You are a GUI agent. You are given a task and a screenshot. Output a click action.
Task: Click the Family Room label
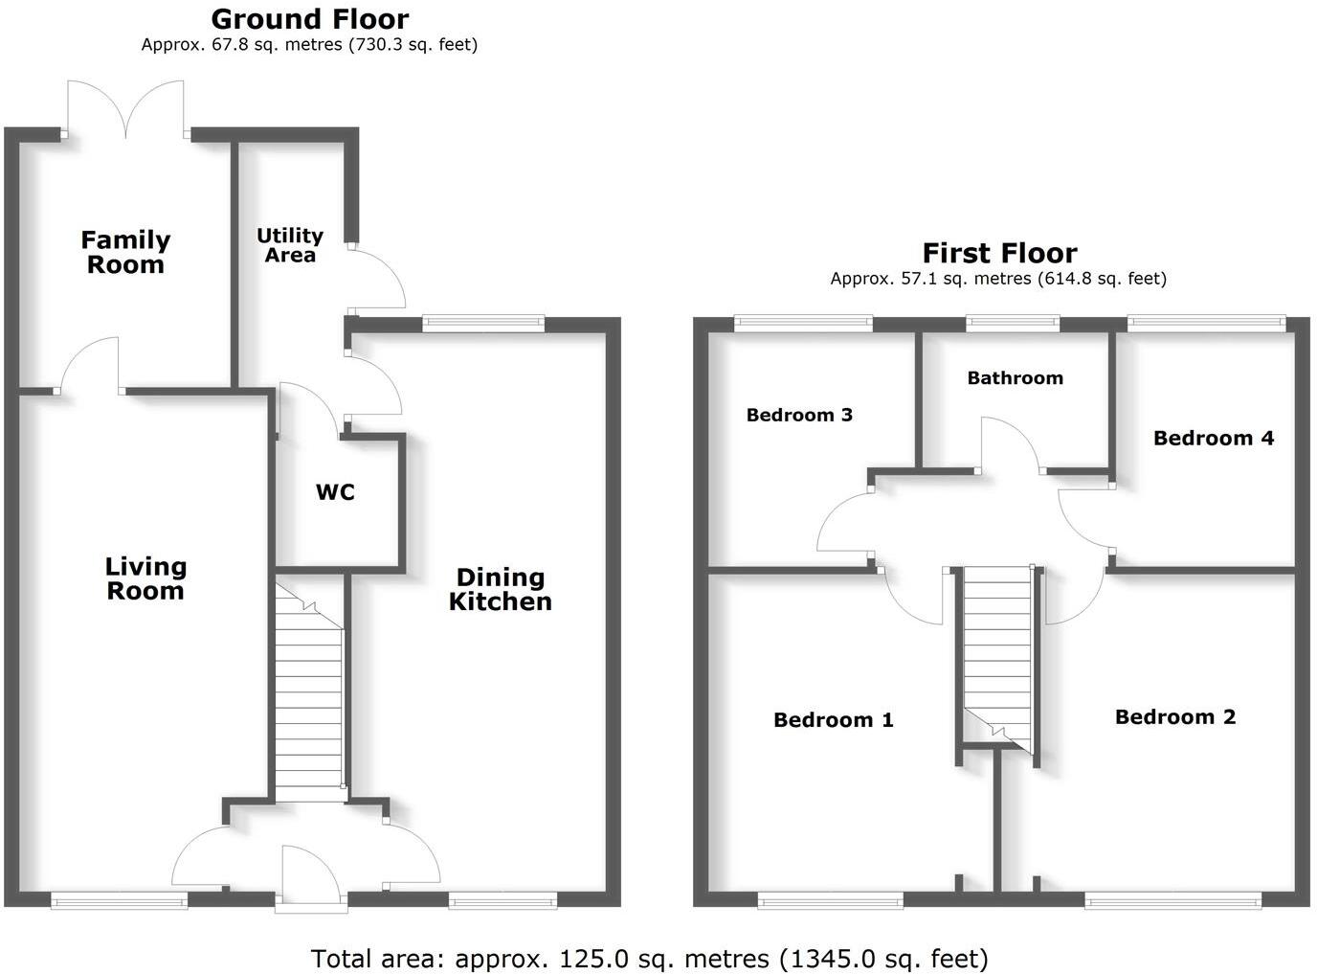tap(125, 253)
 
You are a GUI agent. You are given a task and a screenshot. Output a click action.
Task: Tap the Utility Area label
tap(289, 245)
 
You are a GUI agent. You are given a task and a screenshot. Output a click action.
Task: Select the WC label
tap(335, 492)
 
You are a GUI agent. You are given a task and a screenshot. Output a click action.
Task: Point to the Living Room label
tap(145, 578)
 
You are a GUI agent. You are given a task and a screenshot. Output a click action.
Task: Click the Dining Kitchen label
tap(501, 589)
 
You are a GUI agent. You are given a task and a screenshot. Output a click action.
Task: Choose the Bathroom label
tap(1015, 378)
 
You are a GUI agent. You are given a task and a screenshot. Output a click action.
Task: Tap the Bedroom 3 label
tap(799, 415)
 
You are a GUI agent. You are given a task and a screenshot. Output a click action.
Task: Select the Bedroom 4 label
tap(1213, 439)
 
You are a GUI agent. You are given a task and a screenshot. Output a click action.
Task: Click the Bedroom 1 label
tap(833, 720)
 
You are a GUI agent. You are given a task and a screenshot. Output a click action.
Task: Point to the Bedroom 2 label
tap(1174, 717)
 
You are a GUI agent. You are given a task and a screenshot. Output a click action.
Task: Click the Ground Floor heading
tap(309, 19)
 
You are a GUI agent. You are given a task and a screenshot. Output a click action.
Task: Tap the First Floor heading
tap(999, 254)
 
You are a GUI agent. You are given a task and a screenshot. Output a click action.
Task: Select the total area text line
tap(649, 958)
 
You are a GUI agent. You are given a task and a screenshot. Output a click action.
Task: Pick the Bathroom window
tap(1013, 324)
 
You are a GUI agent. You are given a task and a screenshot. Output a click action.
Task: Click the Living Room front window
tap(119, 899)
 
